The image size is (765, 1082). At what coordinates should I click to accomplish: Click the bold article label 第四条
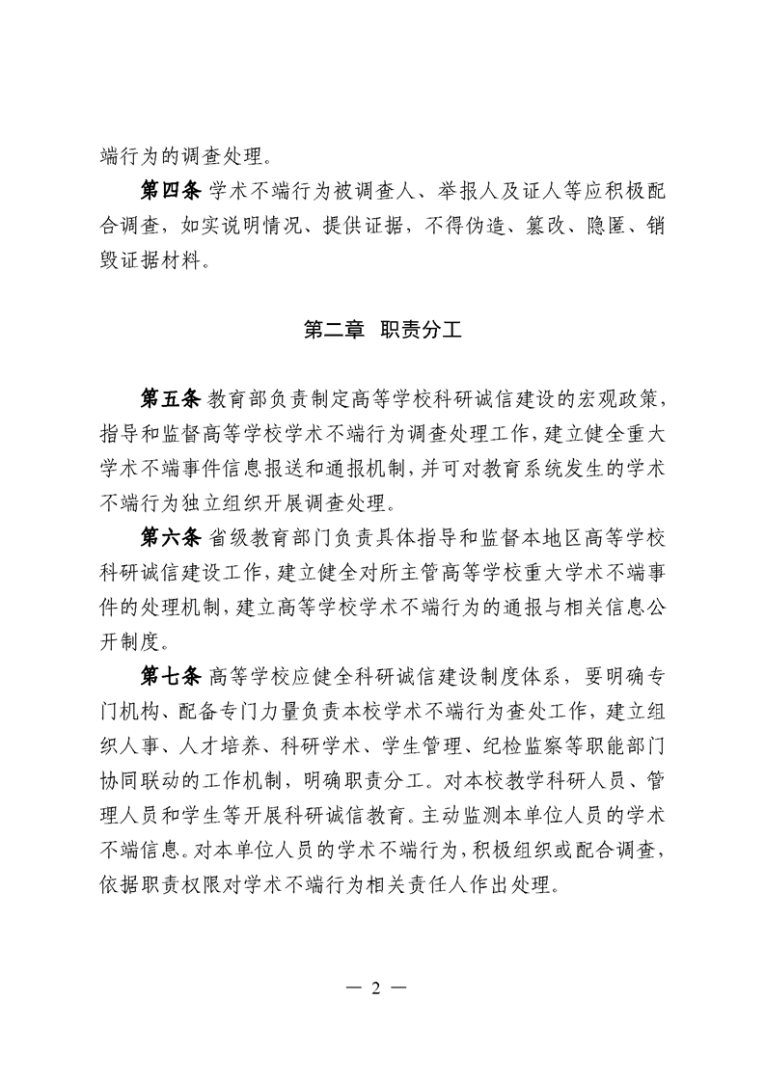tap(169, 191)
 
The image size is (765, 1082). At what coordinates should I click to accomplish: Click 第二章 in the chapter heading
tap(334, 330)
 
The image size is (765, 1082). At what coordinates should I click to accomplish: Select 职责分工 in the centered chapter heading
tap(422, 330)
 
